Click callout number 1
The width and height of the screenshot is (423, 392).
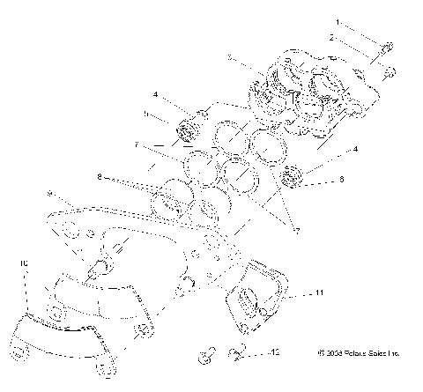336,19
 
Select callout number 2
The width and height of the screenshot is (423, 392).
331,38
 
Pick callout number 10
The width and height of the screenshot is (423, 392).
24,263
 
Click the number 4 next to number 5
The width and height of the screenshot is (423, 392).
155,93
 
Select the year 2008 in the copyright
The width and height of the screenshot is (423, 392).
336,353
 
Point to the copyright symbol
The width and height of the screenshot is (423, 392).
322,353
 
